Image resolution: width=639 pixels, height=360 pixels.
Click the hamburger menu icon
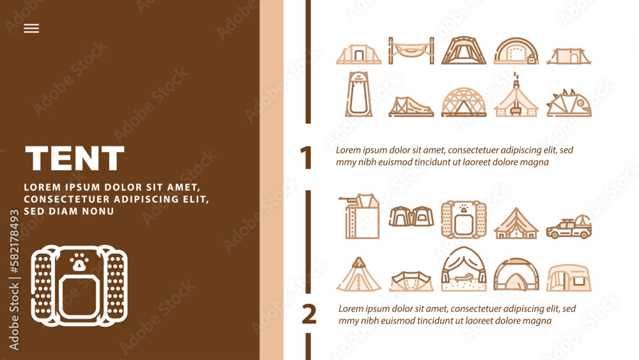pyautogui.click(x=31, y=28)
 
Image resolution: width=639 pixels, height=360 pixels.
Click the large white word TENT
pyautogui.click(x=75, y=158)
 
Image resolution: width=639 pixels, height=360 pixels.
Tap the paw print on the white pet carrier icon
pyautogui.click(x=79, y=262)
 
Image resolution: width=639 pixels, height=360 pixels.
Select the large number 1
pyautogui.click(x=305, y=157)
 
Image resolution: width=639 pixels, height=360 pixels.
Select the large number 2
pyautogui.click(x=309, y=314)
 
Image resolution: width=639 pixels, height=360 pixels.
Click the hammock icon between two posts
pyautogui.click(x=411, y=51)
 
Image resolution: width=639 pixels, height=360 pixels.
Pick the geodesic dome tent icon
pyautogui.click(x=464, y=102)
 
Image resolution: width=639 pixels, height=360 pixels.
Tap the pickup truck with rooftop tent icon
pyautogui.click(x=569, y=227)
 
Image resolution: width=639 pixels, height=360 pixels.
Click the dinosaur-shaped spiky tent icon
pyautogui.click(x=569, y=103)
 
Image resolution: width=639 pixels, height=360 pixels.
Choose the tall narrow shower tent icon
pyautogui.click(x=358, y=94)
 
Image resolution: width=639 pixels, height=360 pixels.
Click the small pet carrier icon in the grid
pyautogui.click(x=464, y=219)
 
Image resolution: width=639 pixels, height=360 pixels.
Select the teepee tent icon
pyautogui.click(x=358, y=274)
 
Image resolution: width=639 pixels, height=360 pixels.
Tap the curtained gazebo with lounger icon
pyautogui.click(x=464, y=269)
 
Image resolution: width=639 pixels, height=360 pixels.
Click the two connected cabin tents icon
pyautogui.click(x=411, y=216)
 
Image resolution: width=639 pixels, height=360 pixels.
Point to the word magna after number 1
pyautogui.click(x=536, y=162)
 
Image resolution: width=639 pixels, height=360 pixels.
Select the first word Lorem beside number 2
pyautogui.click(x=350, y=309)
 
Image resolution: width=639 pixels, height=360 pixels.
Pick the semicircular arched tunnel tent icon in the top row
pyautogui.click(x=516, y=51)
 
